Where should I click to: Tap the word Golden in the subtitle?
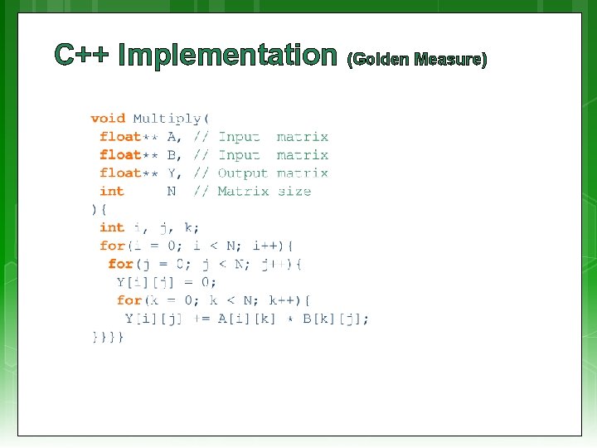coord(381,60)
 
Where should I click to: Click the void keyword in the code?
coord(108,119)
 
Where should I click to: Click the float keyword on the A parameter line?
coord(120,137)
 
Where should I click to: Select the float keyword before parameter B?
coord(120,155)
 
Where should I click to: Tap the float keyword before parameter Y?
coord(120,173)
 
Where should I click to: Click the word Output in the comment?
coord(243,173)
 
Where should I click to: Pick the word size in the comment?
coord(294,192)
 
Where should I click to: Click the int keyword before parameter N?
coord(111,192)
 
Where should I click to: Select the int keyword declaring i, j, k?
coord(111,227)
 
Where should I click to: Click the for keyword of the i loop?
coord(112,246)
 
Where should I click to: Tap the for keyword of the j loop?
coord(120,264)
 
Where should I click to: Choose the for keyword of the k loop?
coord(129,300)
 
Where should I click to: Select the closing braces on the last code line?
coord(108,337)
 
